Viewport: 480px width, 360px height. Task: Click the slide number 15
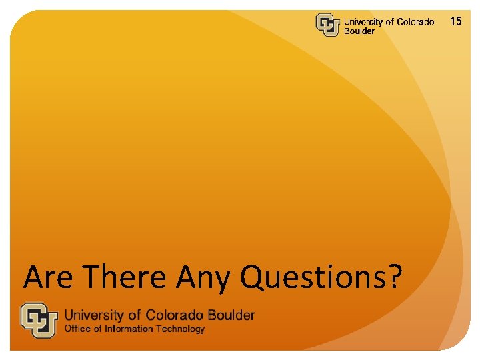coord(456,21)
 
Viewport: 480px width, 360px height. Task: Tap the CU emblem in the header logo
coord(327,25)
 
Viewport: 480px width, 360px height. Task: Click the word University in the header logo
coord(363,22)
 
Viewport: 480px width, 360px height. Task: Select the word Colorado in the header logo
coord(415,22)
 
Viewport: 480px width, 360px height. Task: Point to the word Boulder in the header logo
coord(359,31)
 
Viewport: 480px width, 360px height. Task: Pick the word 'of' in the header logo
coord(390,22)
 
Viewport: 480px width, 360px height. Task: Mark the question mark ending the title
coord(395,277)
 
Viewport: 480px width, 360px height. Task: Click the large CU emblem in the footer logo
coord(39,320)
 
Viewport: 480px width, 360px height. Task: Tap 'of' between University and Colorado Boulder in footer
coord(136,315)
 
